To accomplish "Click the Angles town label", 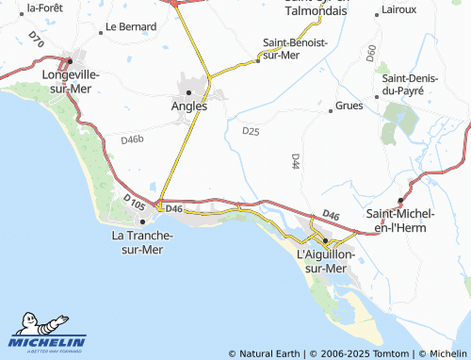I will pyautogui.click(x=188, y=106).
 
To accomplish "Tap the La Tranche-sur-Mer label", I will pyautogui.click(x=137, y=242).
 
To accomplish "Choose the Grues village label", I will pyautogui.click(x=349, y=106).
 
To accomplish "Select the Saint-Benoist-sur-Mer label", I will pyautogui.click(x=295, y=49).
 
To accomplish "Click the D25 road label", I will pyautogui.click(x=251, y=131).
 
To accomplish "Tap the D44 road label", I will pyautogui.click(x=295, y=161).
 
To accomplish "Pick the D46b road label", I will pyautogui.click(x=132, y=139).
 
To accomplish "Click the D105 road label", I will pyautogui.click(x=134, y=201).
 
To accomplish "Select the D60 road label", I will pyautogui.click(x=371, y=53).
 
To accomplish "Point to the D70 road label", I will pyautogui.click(x=36, y=40).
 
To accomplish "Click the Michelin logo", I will pyautogui.click(x=47, y=334).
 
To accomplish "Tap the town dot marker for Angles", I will pyautogui.click(x=189, y=92).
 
